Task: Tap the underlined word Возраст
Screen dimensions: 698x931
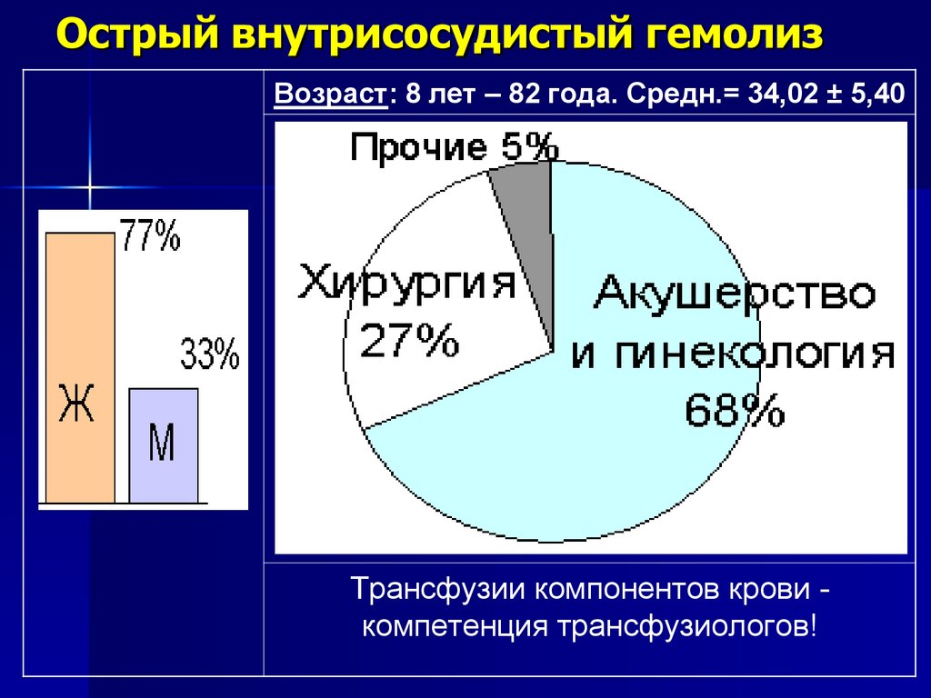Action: pyautogui.click(x=331, y=95)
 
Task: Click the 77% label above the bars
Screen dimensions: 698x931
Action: pyautogui.click(x=150, y=238)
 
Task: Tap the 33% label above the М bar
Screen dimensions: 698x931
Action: pyautogui.click(x=210, y=354)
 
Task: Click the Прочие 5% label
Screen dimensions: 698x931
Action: pyautogui.click(x=453, y=148)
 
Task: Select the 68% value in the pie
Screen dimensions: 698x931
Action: pyautogui.click(x=735, y=412)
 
